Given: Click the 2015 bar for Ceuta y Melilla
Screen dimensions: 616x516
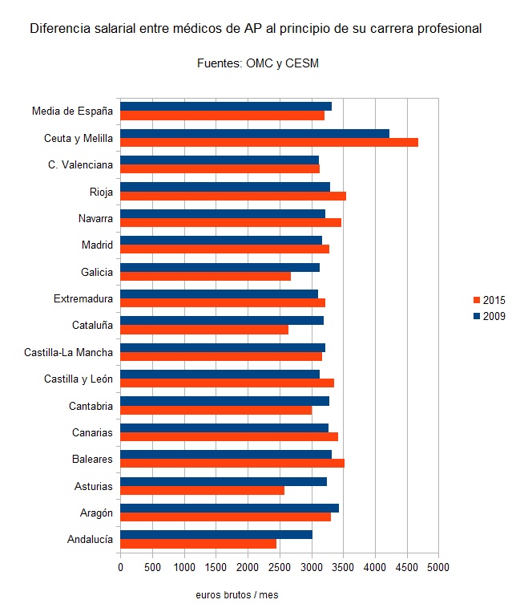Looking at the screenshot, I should pyautogui.click(x=268, y=142).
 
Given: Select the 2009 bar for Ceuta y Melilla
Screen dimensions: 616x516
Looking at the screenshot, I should pyautogui.click(x=254, y=133).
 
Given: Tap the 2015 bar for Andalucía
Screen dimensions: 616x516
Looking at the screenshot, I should pyautogui.click(x=198, y=543).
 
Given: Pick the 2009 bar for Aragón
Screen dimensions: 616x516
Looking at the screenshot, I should pyautogui.click(x=229, y=508).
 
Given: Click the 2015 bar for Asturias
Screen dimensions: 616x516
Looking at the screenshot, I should pyautogui.click(x=202, y=490).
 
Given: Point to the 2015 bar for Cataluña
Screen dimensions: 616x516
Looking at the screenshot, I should pyautogui.click(x=204, y=330).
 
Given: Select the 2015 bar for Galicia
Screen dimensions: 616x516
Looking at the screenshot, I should pyautogui.click(x=205, y=276).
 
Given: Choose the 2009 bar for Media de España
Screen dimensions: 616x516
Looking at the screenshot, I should pyautogui.click(x=225, y=106).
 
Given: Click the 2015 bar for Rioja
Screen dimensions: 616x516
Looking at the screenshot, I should pyautogui.click(x=232, y=196).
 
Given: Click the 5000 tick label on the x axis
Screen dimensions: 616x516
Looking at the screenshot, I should pyautogui.click(x=438, y=567).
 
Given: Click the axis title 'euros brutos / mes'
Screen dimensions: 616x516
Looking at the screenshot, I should pyautogui.click(x=236, y=595).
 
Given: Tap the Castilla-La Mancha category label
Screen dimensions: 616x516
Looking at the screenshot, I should pyautogui.click(x=68, y=351).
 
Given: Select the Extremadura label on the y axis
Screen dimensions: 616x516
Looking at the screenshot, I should pyautogui.click(x=83, y=298).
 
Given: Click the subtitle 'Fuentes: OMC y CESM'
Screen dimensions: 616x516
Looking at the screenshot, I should pyautogui.click(x=258, y=63).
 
